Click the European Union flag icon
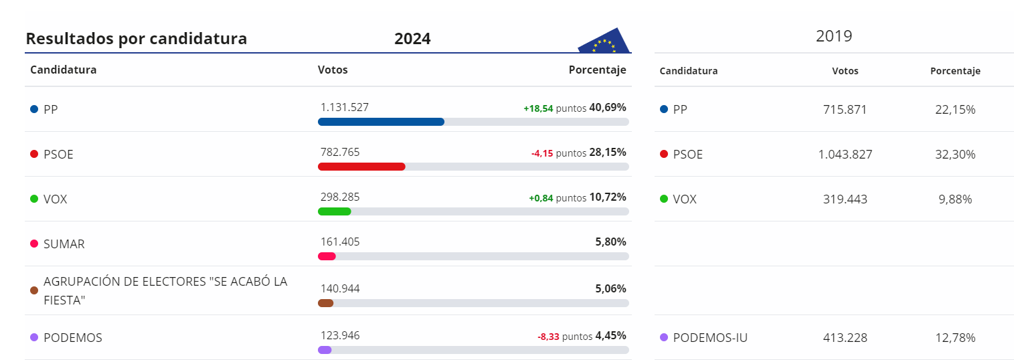coord(604,42)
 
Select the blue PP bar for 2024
coord(381,122)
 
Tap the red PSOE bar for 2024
coord(361,167)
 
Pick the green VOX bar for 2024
coord(335,211)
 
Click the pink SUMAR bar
coord(327,256)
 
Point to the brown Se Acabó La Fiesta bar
coord(326,303)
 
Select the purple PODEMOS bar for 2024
coord(325,350)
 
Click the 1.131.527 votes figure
coord(345,107)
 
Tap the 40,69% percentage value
coord(607,107)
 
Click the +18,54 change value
coord(538,108)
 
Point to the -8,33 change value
coord(548,337)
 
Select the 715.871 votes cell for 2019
coord(845,109)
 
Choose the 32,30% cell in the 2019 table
coord(955,154)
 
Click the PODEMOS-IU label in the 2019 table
coord(710,338)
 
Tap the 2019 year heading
coord(834,36)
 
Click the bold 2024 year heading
coord(412,39)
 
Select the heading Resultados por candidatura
coord(137,39)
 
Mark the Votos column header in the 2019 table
coord(845,71)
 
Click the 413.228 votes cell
coord(845,338)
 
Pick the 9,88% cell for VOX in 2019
coord(955,199)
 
